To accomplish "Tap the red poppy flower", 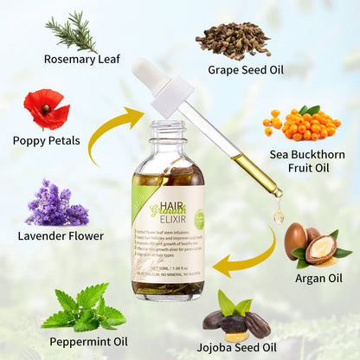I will point(46,108).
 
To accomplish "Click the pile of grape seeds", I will point(231,39).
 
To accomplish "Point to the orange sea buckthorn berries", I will point(299,123).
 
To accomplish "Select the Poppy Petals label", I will point(47,141).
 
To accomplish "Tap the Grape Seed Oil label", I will point(247,69).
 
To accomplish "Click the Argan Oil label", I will point(318,278).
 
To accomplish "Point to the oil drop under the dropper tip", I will point(279,215).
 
